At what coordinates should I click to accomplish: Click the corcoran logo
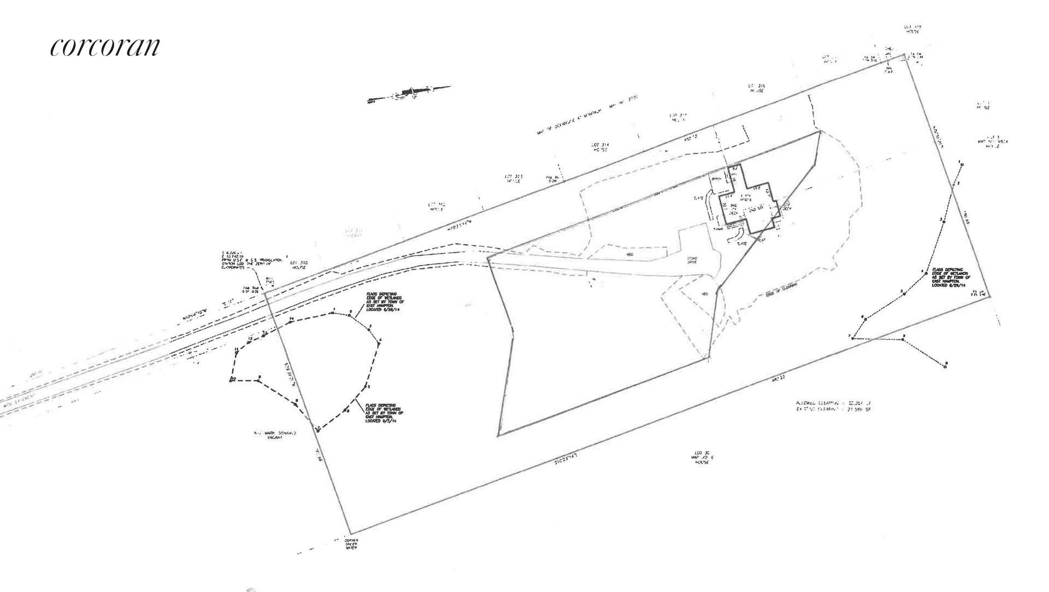tap(105, 47)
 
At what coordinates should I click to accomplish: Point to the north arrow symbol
tap(410, 93)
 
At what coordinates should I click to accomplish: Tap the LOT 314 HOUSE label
tap(600, 146)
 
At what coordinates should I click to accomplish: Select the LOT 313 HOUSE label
tap(514, 178)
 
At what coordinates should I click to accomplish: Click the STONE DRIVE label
tap(692, 261)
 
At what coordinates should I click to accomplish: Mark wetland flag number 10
tap(292, 319)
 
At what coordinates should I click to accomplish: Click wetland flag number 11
tap(236, 350)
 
